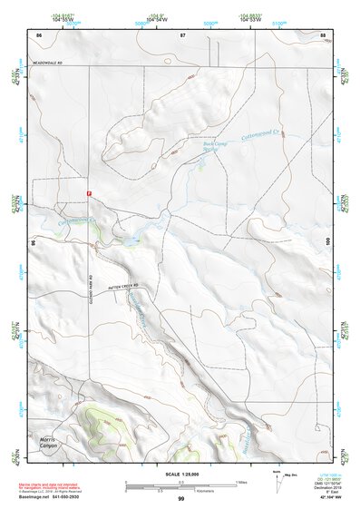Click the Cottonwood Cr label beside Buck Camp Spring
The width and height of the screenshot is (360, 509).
click(263, 134)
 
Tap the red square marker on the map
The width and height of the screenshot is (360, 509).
click(89, 193)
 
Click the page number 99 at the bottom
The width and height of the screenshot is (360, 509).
click(180, 499)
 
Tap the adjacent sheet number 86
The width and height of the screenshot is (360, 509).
click(38, 34)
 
